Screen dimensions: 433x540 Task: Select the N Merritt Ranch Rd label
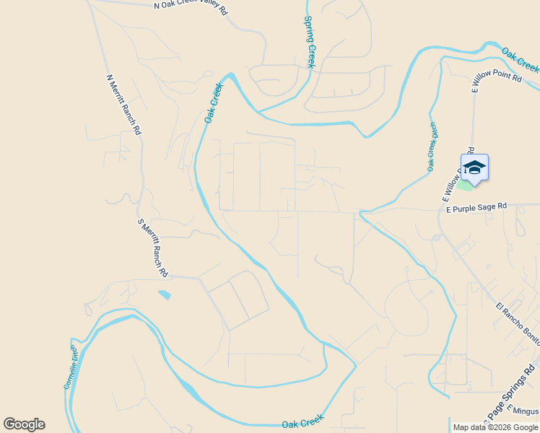[x=123, y=105]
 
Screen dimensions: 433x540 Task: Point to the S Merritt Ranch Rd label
[x=153, y=248]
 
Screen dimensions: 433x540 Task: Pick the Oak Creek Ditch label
[x=432, y=146]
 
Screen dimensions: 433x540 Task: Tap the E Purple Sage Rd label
[x=476, y=207]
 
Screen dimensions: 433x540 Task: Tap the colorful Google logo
[x=24, y=424]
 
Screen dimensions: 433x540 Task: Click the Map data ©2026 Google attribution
[x=495, y=427]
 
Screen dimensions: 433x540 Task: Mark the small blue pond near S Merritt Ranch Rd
[x=165, y=294]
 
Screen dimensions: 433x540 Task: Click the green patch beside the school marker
[x=465, y=185]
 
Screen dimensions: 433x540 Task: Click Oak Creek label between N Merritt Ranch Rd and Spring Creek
[x=214, y=102]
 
